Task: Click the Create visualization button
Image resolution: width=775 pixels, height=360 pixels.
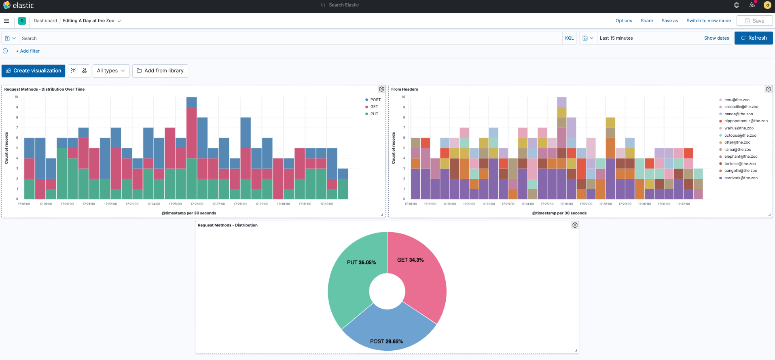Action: tap(33, 70)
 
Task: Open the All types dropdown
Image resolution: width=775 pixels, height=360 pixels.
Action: tap(111, 70)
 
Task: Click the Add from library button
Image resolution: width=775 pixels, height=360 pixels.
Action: tap(160, 70)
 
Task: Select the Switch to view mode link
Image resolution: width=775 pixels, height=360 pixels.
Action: tap(708, 21)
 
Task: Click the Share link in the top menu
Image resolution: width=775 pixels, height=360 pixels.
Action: tap(646, 21)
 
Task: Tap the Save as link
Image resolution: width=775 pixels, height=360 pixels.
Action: tap(669, 21)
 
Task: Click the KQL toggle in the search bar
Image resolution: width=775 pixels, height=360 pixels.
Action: tap(569, 38)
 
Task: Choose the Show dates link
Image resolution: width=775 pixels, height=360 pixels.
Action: tap(716, 38)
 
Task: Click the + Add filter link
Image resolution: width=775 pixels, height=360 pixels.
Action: tap(28, 51)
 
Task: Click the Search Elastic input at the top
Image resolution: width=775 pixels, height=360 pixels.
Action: tap(383, 5)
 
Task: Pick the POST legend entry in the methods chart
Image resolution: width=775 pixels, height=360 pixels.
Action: tap(375, 100)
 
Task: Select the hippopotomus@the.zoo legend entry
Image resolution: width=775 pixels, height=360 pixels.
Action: tap(745, 121)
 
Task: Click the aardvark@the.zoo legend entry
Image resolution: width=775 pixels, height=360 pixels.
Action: tap(741, 178)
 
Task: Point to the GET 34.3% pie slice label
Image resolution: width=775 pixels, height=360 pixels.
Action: tap(410, 260)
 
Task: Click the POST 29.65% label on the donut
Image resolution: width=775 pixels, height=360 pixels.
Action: tap(386, 341)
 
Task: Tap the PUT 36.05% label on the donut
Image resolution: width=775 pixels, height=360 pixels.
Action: tap(361, 263)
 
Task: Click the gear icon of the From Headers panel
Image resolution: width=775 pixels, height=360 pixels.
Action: tap(768, 89)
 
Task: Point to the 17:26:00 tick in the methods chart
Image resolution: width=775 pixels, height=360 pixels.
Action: tap(197, 204)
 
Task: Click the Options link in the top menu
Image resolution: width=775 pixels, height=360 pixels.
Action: tap(623, 21)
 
